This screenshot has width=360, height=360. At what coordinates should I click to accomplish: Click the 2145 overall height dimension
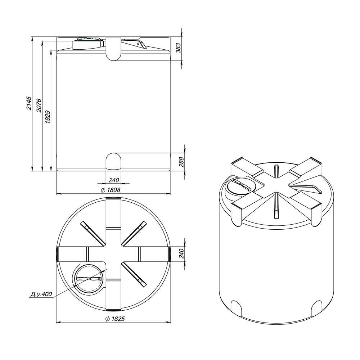point(29,103)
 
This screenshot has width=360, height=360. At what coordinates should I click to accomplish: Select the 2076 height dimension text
point(39,105)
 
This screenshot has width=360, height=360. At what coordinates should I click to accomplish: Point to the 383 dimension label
point(179,48)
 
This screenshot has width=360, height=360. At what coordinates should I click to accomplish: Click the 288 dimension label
point(181,162)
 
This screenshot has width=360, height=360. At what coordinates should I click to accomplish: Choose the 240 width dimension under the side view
point(114,180)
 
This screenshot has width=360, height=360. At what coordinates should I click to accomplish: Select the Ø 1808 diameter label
point(111,190)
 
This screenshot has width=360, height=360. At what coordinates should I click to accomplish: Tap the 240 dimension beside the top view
point(181,253)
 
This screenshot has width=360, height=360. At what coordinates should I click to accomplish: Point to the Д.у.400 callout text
point(41,294)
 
